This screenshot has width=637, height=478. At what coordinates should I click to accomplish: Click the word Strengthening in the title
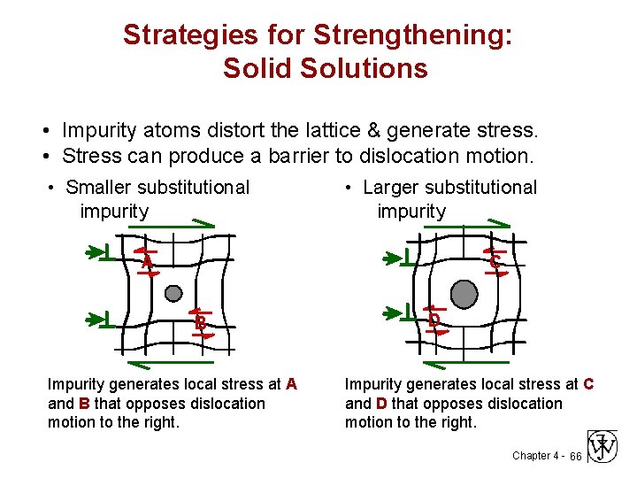pyautogui.click(x=425, y=35)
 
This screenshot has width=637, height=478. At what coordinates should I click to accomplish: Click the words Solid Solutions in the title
pyautogui.click(x=326, y=68)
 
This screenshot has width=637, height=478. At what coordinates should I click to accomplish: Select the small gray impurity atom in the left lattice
pyautogui.click(x=174, y=293)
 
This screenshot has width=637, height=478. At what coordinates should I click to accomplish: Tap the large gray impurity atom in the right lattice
pyautogui.click(x=464, y=293)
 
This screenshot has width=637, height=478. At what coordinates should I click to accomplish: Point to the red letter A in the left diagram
pyautogui.click(x=147, y=264)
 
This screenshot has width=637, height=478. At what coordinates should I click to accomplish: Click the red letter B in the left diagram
pyautogui.click(x=201, y=324)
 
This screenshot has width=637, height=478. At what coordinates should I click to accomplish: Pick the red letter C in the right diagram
pyautogui.click(x=494, y=263)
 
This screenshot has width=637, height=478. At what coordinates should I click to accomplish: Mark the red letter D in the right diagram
pyautogui.click(x=434, y=320)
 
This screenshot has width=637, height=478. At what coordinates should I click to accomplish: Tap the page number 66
pyautogui.click(x=575, y=456)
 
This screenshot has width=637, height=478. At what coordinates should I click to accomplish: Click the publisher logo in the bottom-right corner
pyautogui.click(x=602, y=447)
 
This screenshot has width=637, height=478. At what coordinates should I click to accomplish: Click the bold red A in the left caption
pyautogui.click(x=291, y=384)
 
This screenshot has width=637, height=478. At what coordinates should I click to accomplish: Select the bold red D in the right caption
pyautogui.click(x=381, y=404)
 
